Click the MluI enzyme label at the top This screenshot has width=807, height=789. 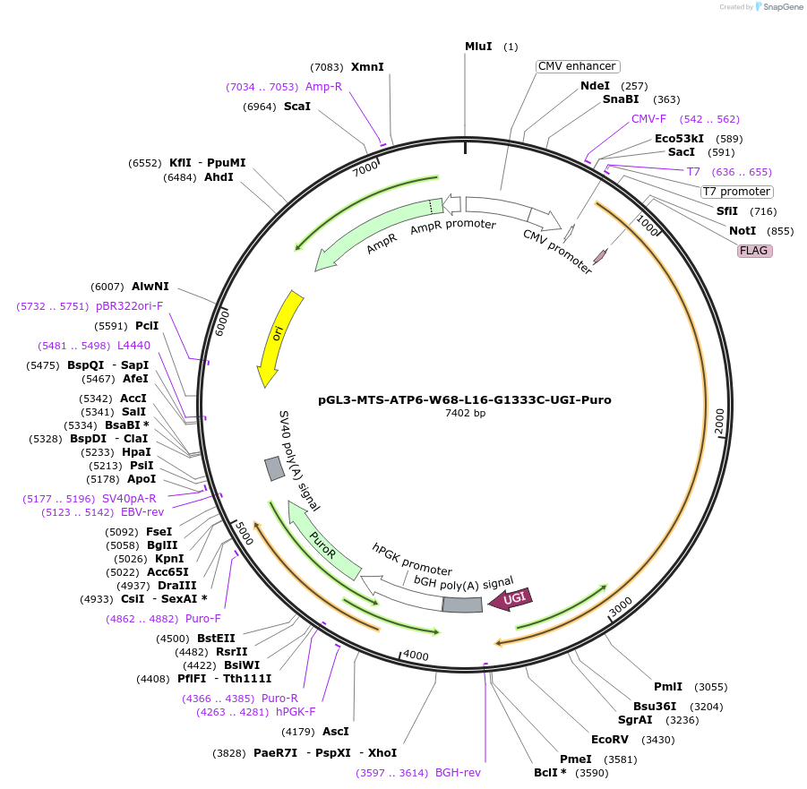click(478, 46)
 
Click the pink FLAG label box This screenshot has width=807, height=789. click(753, 251)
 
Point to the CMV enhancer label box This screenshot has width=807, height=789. click(577, 66)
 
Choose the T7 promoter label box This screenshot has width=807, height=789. click(736, 192)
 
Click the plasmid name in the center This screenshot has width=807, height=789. click(465, 399)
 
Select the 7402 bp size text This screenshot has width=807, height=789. click(465, 414)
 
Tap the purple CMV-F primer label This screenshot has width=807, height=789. click(648, 119)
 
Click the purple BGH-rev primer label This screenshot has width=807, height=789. click(458, 772)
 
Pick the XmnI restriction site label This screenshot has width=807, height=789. click(367, 67)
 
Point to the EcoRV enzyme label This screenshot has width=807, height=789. click(610, 740)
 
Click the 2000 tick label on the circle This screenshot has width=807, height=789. click(719, 423)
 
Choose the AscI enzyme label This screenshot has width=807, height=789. click(336, 732)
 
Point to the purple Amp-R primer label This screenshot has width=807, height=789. click(323, 87)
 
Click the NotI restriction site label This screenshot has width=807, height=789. click(743, 231)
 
